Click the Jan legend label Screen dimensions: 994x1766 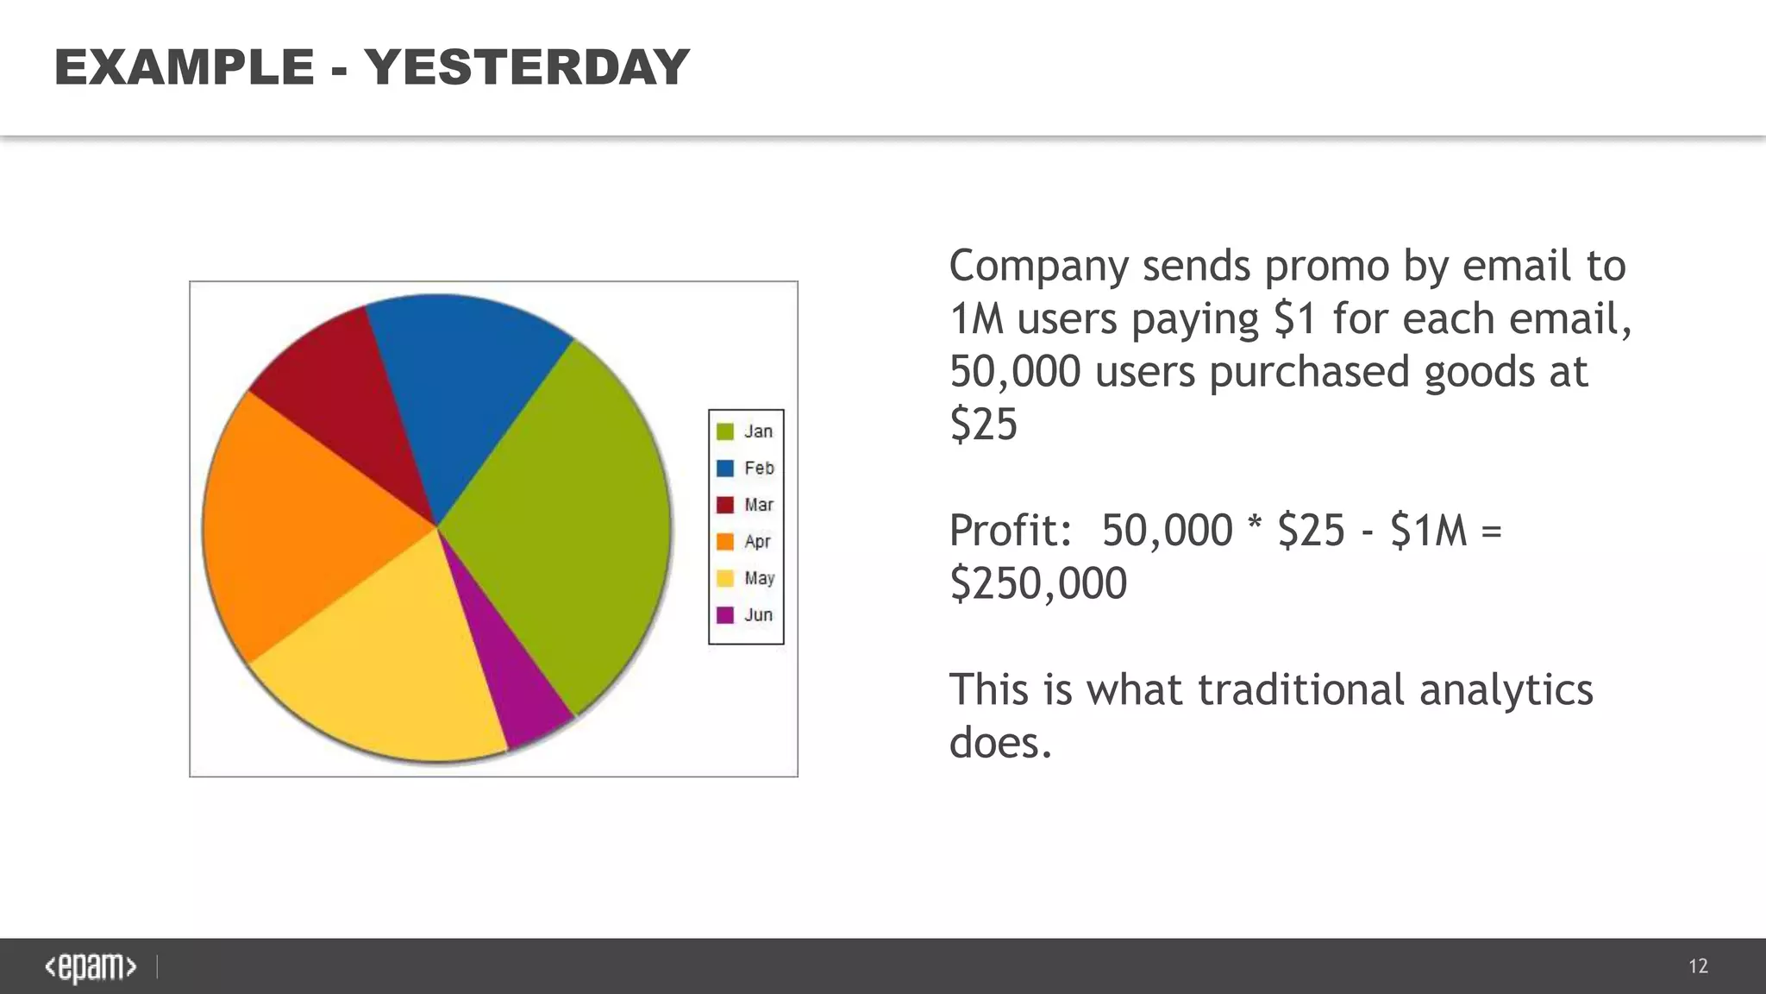(x=759, y=431)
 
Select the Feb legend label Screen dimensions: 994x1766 (x=760, y=469)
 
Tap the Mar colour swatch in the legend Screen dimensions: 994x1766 (x=725, y=505)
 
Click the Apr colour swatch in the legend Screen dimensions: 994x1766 (x=725, y=542)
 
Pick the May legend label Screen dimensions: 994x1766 (x=760, y=578)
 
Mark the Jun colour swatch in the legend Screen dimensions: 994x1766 (x=725, y=615)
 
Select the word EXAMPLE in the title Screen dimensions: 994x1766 (x=184, y=67)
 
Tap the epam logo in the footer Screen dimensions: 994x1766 (x=91, y=967)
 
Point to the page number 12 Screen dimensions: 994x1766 (x=1698, y=966)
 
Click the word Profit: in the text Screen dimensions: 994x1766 (x=1010, y=530)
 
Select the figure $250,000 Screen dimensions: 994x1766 (x=1038, y=583)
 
